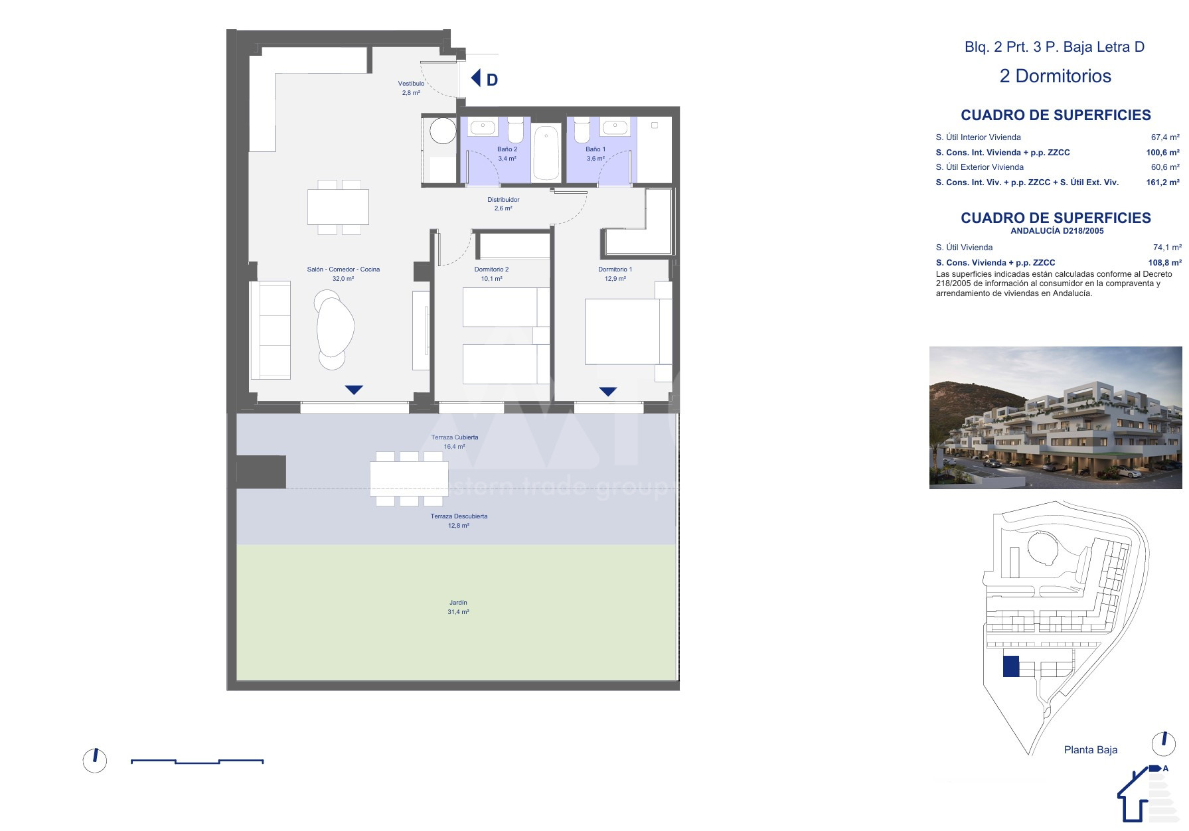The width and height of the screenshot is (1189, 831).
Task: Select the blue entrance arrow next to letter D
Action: [475, 78]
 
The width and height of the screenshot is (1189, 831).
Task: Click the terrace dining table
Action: [409, 479]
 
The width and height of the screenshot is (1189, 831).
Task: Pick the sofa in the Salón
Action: [270, 330]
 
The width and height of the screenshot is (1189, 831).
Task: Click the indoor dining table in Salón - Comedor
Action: [338, 207]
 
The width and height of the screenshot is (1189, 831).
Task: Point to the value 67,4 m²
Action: [1165, 137]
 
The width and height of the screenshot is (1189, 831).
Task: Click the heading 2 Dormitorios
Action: [1055, 76]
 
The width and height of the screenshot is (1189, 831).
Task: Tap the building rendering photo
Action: [1056, 417]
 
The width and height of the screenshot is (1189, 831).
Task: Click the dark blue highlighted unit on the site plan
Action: [1010, 666]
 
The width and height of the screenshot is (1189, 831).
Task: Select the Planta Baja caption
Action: [1091, 750]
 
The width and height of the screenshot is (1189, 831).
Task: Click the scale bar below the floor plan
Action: [197, 761]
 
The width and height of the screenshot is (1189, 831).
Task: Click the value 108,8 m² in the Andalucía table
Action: [1164, 263]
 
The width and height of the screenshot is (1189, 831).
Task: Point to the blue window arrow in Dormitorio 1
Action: [608, 392]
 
